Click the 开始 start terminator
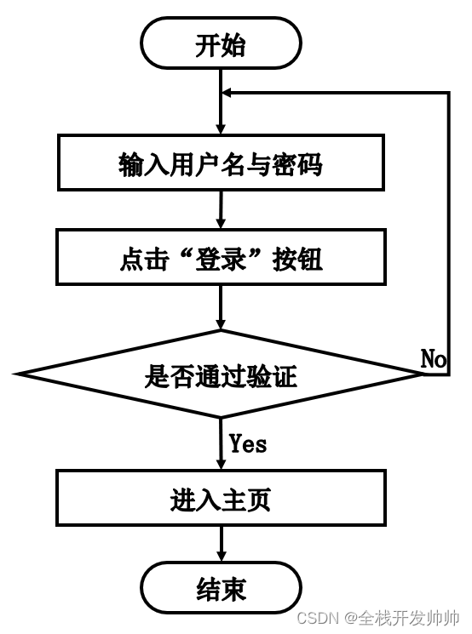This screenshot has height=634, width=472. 221,45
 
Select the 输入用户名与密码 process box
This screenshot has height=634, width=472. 221,164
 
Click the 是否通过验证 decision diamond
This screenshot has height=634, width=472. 221,375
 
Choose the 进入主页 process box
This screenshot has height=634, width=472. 221,500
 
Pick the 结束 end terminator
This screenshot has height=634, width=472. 221,589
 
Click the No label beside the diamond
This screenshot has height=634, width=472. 434,359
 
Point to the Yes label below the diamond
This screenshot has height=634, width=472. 248,443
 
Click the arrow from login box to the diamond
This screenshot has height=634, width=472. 221,307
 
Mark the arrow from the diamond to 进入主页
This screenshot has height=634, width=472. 221,443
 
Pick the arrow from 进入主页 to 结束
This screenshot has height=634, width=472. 221,545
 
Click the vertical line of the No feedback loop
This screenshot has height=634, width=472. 449,230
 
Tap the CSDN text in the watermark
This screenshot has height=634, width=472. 319,617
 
